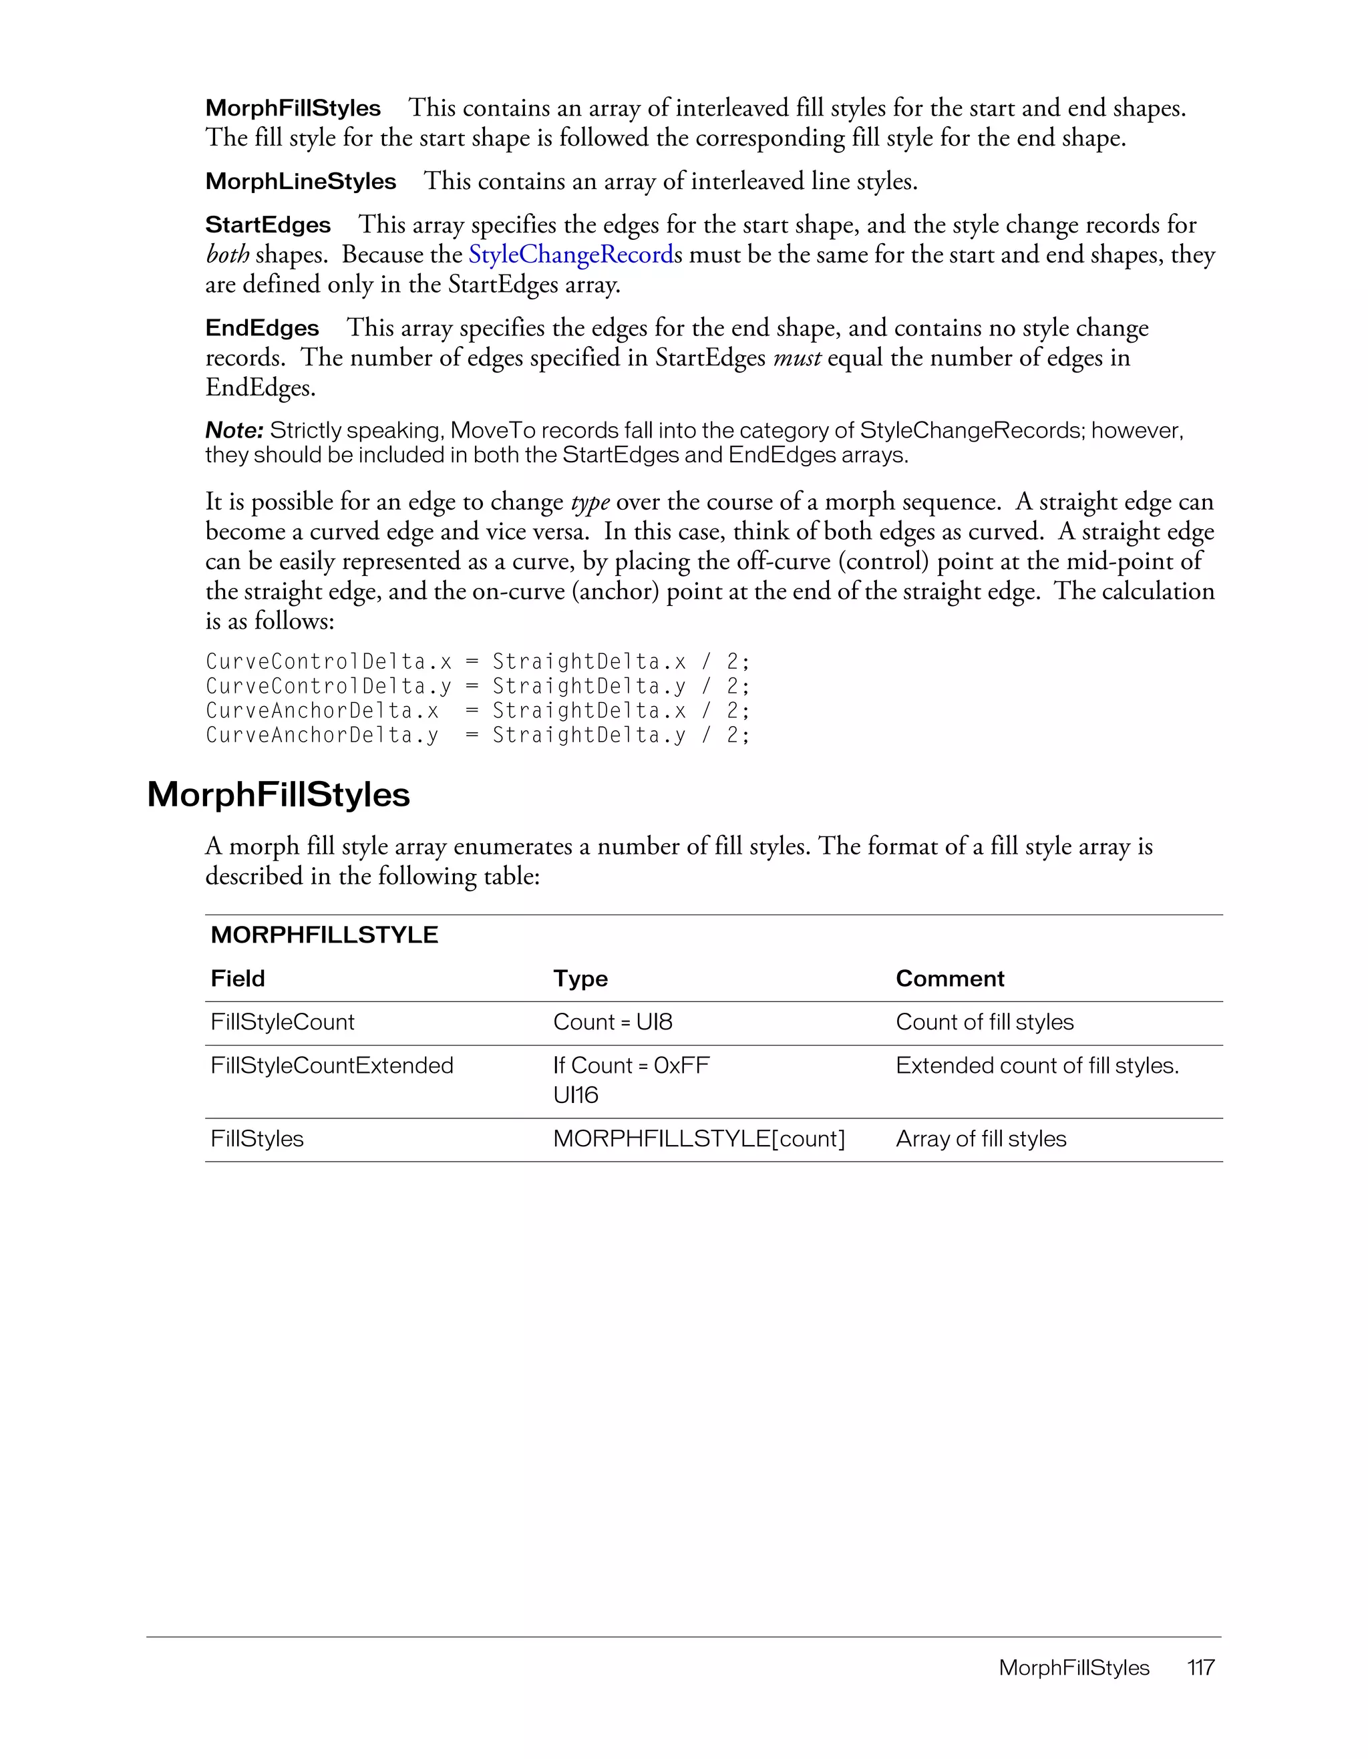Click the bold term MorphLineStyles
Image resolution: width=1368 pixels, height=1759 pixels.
pyautogui.click(x=301, y=181)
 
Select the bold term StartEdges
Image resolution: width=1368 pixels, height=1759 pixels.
pyautogui.click(x=268, y=224)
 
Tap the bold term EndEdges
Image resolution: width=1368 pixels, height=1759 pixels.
pyautogui.click(x=263, y=328)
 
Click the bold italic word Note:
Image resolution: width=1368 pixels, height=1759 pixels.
pyautogui.click(x=234, y=430)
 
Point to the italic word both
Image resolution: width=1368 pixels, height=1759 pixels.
pyautogui.click(x=227, y=255)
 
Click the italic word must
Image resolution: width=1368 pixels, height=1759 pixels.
pyautogui.click(x=796, y=357)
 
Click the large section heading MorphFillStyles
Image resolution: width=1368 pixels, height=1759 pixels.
pyautogui.click(x=279, y=794)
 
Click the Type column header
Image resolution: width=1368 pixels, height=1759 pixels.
pyautogui.click(x=580, y=978)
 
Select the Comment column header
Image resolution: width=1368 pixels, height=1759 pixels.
pyautogui.click(x=949, y=978)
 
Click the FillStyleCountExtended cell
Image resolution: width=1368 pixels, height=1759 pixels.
pyautogui.click(x=332, y=1065)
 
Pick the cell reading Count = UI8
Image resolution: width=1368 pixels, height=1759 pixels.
pyautogui.click(x=612, y=1021)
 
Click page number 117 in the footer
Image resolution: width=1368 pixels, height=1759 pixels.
pyautogui.click(x=1200, y=1667)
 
